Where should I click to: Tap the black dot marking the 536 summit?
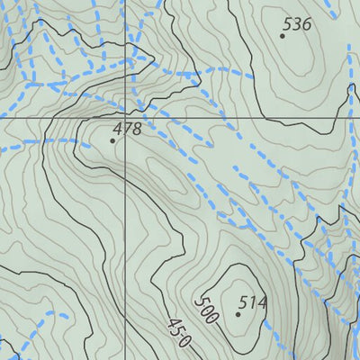point(283,36)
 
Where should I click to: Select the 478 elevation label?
point(127,129)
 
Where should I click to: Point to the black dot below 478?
point(113,140)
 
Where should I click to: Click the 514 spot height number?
point(253,302)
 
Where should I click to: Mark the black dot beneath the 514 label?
point(238,314)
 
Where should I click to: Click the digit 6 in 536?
point(306,24)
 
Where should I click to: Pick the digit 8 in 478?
point(137,129)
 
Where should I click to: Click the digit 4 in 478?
point(117,129)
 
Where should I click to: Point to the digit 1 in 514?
point(253,302)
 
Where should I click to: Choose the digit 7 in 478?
point(127,129)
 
